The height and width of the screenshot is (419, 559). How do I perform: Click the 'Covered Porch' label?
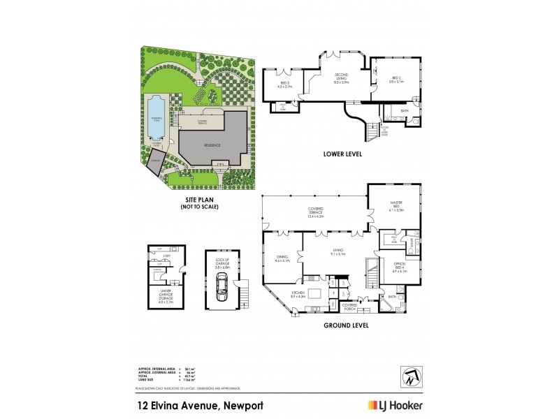pos(350,307)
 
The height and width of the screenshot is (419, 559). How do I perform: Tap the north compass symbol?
pos(411,376)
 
